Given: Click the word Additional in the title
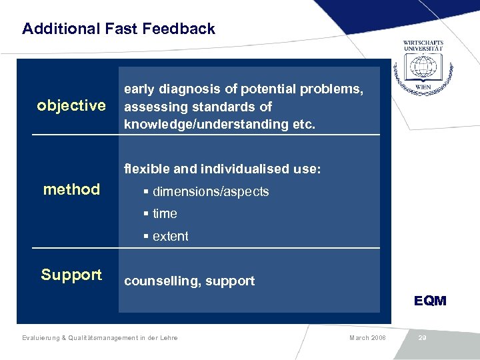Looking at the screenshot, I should (x=55, y=29).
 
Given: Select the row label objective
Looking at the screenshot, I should (x=71, y=106).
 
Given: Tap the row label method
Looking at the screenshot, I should (x=71, y=189).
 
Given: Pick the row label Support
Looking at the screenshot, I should (x=71, y=275).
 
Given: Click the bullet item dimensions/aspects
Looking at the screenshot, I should (x=211, y=192).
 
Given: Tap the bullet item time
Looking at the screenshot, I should (x=165, y=214).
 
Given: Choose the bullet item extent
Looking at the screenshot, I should (x=170, y=237).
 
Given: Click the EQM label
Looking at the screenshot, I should (x=430, y=301).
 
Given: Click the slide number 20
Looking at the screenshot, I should (x=422, y=338).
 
